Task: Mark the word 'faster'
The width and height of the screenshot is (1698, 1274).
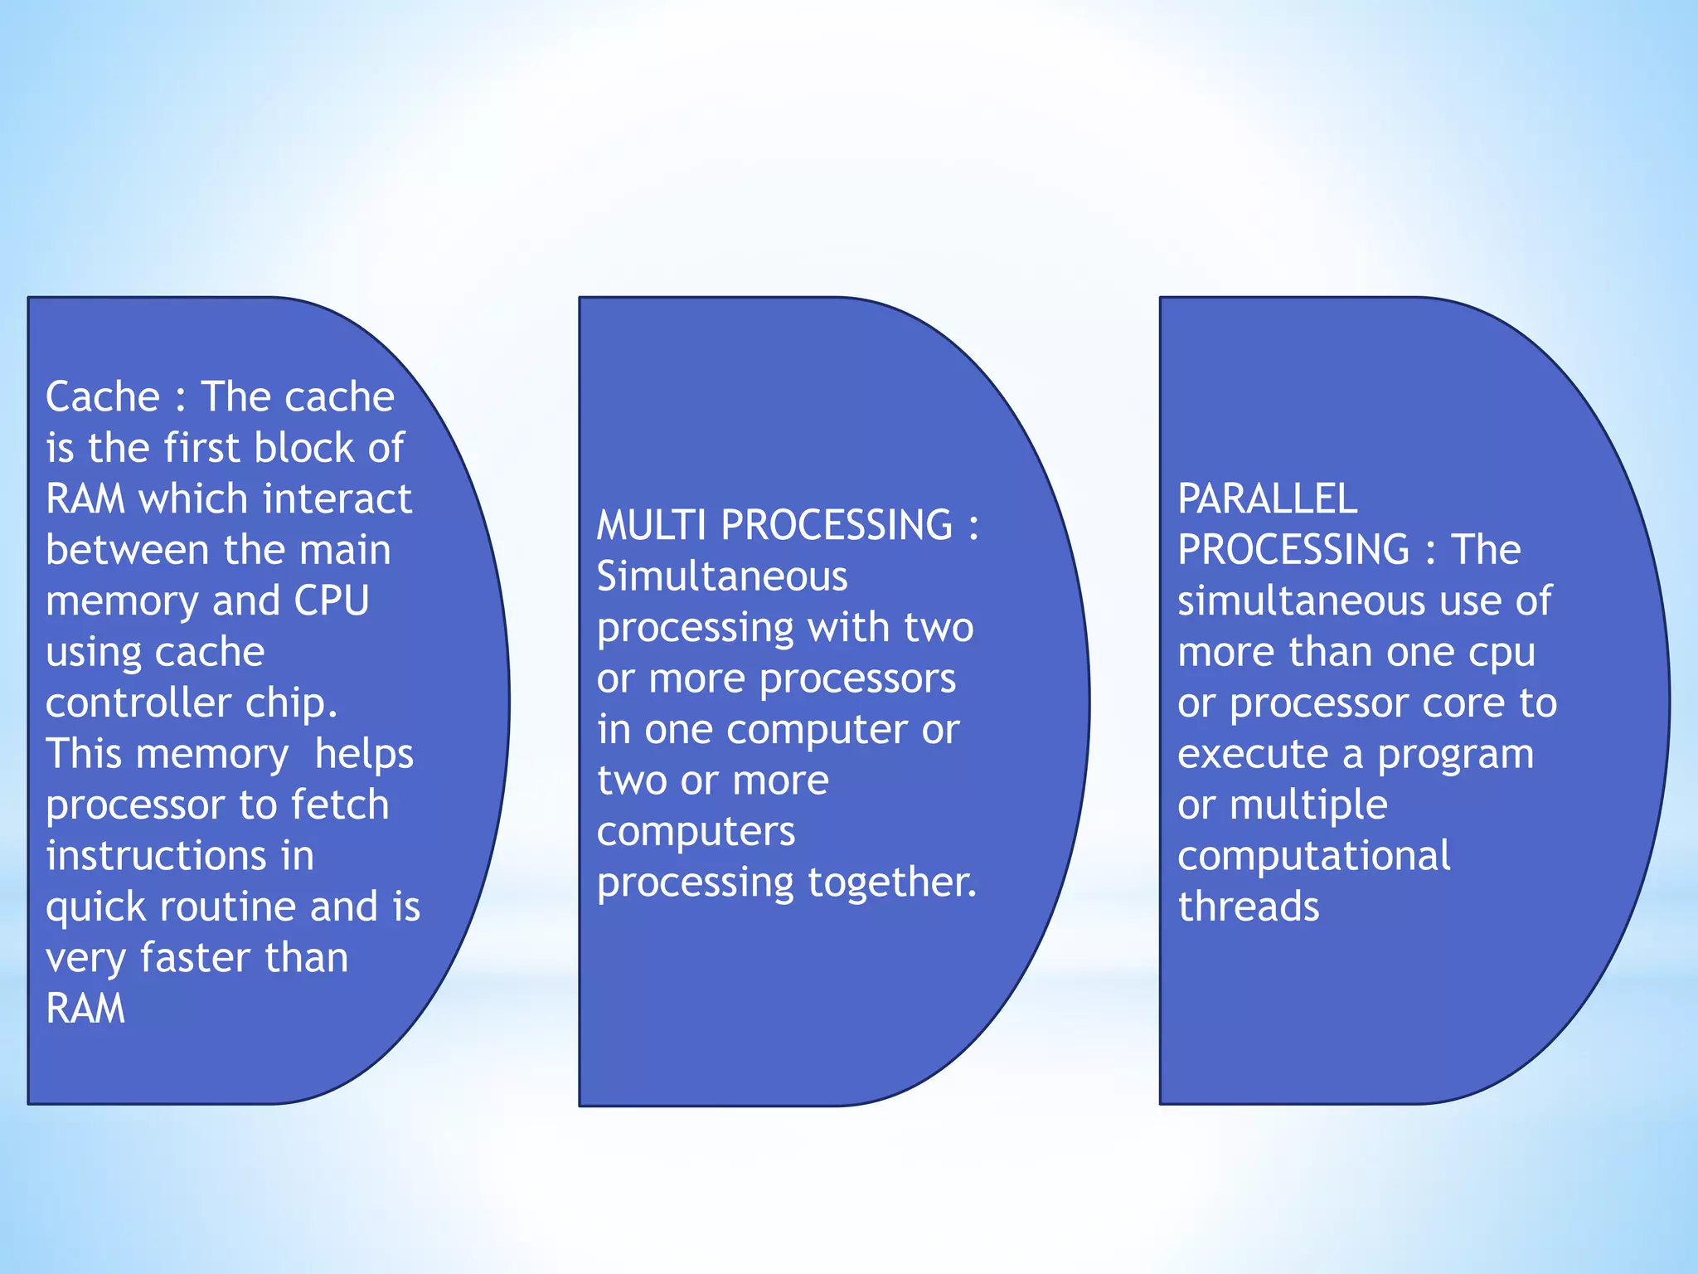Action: click(x=194, y=958)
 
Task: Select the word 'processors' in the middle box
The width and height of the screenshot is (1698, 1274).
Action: click(x=857, y=678)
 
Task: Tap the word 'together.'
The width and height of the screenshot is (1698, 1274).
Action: click(x=892, y=883)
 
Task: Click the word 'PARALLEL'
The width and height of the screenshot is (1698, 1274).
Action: click(x=1267, y=499)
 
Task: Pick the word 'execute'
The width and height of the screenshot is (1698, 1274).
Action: click(x=1253, y=755)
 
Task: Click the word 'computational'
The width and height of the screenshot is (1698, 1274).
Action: click(x=1313, y=856)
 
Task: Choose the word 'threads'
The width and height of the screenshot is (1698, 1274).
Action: click(x=1248, y=907)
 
